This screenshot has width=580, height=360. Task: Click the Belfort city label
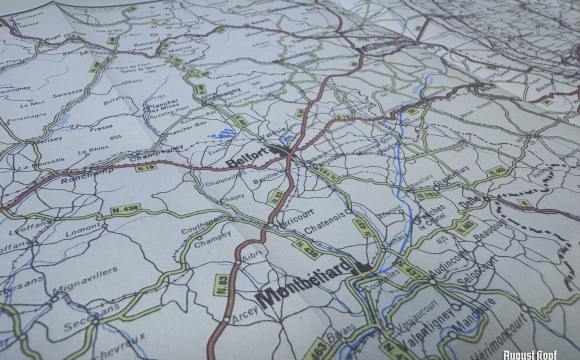244,158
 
